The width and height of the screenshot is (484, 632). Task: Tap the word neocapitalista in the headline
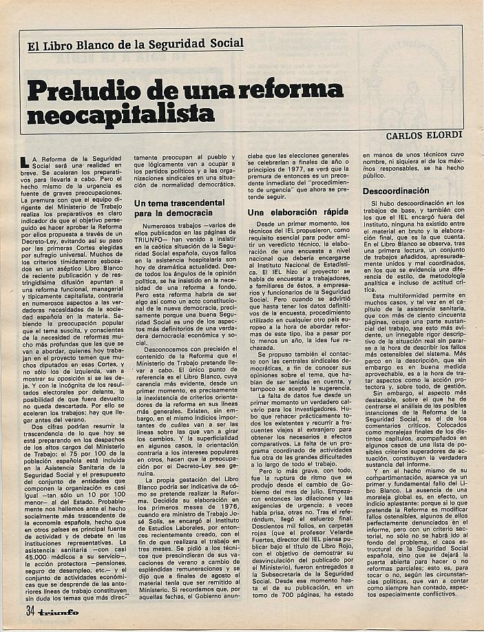[x=121, y=112]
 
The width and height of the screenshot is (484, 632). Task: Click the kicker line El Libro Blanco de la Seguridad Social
[x=136, y=43]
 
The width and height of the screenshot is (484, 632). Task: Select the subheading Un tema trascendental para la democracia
[x=179, y=209]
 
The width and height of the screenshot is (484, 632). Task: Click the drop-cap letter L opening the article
[x=27, y=162]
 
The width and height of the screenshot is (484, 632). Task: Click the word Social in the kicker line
[x=227, y=43]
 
